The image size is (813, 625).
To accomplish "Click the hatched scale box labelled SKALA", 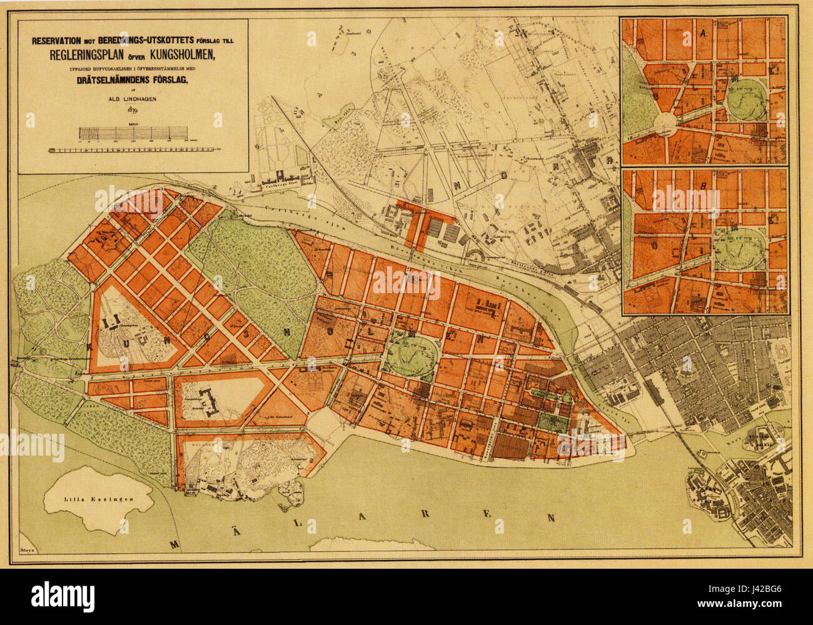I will click(133, 133).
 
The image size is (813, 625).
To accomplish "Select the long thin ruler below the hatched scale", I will click(133, 151).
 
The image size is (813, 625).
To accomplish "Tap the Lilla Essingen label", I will click(86, 499).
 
